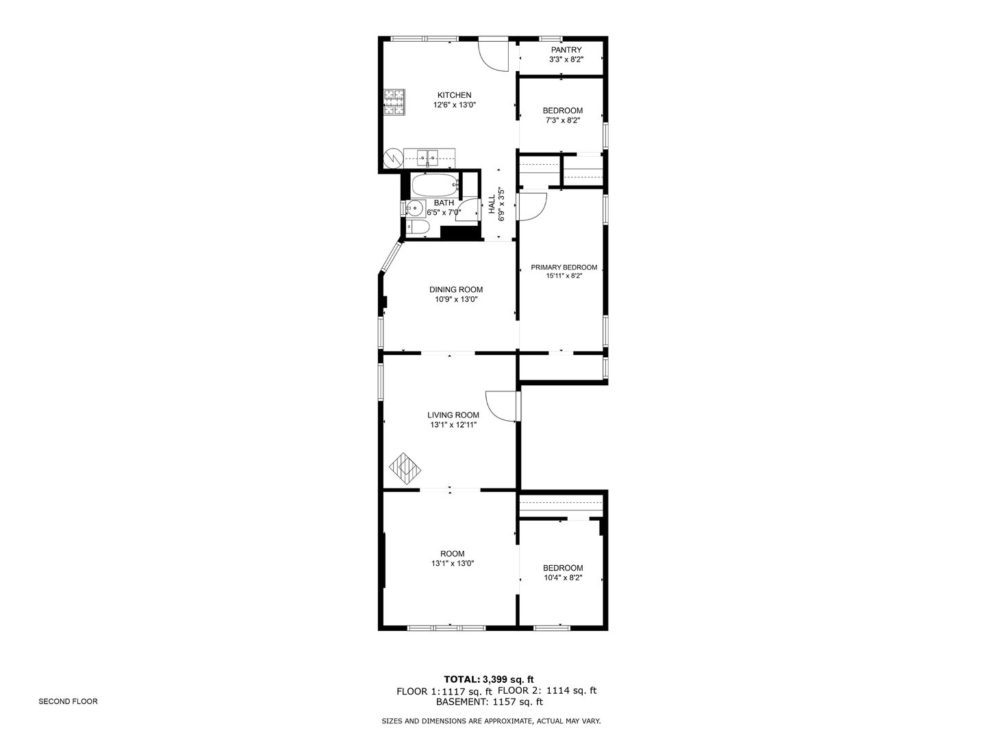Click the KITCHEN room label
coord(454,95)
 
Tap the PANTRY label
coord(566,50)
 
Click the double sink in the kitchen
coord(429,157)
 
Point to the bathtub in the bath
coord(434,185)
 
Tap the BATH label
coord(444,203)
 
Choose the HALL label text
coord(492,205)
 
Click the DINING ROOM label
coord(456,289)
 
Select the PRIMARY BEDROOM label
coord(564,268)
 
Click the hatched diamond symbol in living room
coord(405,469)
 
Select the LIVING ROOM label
coord(453,415)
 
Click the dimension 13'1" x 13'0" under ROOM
coord(453,564)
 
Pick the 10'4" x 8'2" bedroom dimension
coord(563,578)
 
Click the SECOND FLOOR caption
coord(68,701)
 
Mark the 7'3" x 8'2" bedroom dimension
coord(563,120)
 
